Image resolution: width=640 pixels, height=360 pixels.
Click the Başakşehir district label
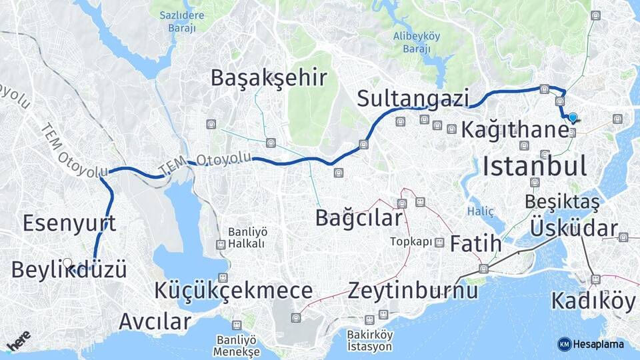coord(269,78)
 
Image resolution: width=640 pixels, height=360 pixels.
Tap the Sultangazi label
coord(413,98)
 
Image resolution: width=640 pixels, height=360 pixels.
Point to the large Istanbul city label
coord(535,165)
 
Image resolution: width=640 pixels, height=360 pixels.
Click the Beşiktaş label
coord(561,201)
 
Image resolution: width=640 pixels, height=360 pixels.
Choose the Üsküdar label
coord(574,228)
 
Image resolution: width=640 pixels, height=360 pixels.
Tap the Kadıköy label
coord(593,301)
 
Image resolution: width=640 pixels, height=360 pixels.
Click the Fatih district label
coord(475,243)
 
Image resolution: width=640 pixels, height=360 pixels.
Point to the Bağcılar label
coord(359,217)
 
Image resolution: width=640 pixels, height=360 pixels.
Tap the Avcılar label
coord(155,321)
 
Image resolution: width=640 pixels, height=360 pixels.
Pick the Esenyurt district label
coord(69,223)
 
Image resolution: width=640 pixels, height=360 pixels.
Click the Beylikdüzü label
coord(69,270)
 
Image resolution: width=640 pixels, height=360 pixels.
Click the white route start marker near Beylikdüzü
coord(67,263)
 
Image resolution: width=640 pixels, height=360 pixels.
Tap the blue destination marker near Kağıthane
coord(573,117)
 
